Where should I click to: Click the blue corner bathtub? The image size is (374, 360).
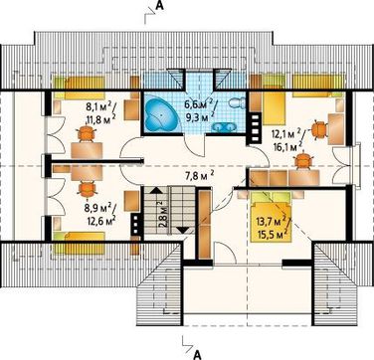click(x=161, y=115)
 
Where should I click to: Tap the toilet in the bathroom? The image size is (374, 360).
click(x=237, y=102)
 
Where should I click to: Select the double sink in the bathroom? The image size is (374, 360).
click(x=224, y=126)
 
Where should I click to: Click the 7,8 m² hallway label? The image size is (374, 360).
click(x=199, y=175)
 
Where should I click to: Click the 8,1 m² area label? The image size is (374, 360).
click(x=98, y=107)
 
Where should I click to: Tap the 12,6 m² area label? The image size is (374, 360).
click(x=99, y=220)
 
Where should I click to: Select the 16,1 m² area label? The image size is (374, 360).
click(x=287, y=146)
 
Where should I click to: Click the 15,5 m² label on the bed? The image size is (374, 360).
click(x=272, y=234)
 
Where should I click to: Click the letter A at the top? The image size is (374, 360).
click(x=159, y=6)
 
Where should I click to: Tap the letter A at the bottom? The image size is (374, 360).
click(x=198, y=354)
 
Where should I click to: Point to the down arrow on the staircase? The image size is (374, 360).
click(x=183, y=230)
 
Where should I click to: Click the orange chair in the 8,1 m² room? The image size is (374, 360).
click(x=87, y=133)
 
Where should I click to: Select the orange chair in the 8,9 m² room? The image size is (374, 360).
click(x=87, y=189)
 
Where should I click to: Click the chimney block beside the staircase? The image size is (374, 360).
click(x=135, y=225)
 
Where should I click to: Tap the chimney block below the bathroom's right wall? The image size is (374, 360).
click(x=256, y=127)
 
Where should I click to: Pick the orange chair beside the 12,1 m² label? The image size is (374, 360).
click(x=319, y=128)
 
